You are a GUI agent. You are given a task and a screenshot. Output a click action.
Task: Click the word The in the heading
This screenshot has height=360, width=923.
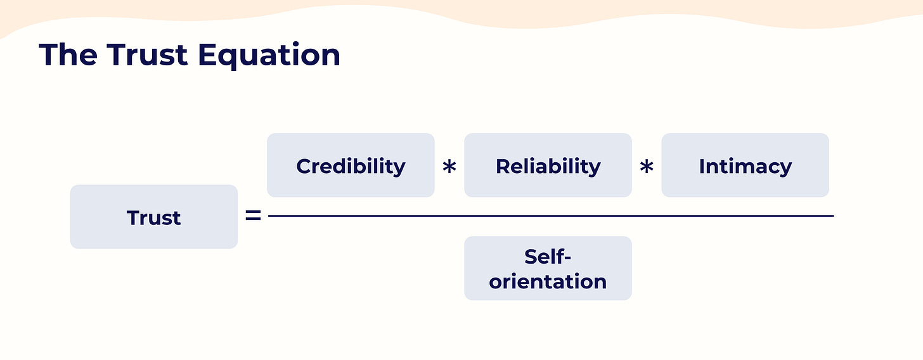click(68, 55)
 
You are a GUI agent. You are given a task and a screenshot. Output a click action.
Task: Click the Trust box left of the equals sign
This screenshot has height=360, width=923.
click(154, 217)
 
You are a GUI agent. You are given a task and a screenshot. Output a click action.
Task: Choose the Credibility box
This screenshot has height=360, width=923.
click(351, 165)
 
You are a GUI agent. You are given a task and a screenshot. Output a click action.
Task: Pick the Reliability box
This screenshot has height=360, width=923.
click(548, 165)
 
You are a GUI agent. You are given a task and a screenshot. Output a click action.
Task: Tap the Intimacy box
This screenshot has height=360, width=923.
click(745, 165)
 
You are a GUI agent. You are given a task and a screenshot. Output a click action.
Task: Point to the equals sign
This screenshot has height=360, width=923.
click(253, 216)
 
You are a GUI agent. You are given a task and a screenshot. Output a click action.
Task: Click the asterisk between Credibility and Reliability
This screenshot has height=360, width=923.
click(449, 169)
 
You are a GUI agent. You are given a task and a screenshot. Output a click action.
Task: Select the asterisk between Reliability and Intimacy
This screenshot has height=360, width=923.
click(647, 169)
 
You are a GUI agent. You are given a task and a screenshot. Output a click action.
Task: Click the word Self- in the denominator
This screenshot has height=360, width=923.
click(548, 257)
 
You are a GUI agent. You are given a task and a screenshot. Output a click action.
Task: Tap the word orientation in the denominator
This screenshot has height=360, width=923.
click(548, 281)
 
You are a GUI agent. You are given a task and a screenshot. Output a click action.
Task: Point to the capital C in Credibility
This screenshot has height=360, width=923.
click(304, 166)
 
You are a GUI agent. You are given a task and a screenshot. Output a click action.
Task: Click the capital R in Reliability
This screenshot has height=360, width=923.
click(503, 166)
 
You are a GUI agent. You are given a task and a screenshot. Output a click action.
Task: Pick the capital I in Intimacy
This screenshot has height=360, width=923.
click(702, 166)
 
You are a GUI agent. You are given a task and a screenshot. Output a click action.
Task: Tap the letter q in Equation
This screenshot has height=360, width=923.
click(233, 58)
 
